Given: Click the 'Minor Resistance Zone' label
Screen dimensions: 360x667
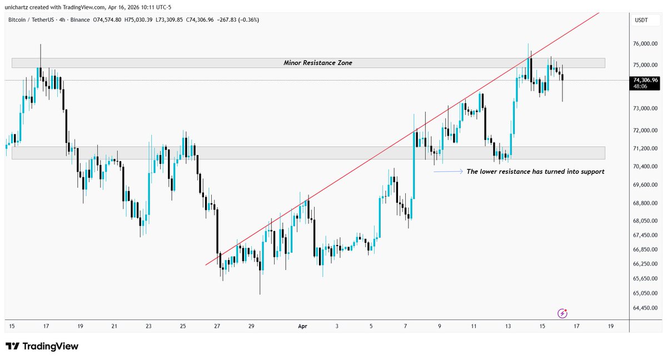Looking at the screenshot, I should (x=317, y=63).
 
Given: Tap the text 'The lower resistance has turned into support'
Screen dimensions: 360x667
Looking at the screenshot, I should (x=535, y=172).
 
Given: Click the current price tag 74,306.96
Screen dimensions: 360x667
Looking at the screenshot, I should (x=645, y=80).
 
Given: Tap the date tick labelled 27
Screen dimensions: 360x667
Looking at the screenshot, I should (x=217, y=326).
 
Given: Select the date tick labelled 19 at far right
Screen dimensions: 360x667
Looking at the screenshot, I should (x=611, y=326).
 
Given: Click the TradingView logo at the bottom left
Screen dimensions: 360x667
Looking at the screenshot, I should (x=42, y=347).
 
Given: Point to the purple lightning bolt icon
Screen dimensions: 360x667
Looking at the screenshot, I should (x=563, y=314).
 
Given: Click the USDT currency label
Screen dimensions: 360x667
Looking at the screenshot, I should (x=641, y=20).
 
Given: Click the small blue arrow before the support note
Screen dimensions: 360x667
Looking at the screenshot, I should (x=448, y=172).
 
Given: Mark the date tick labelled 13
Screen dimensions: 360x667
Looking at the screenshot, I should (x=507, y=326).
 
